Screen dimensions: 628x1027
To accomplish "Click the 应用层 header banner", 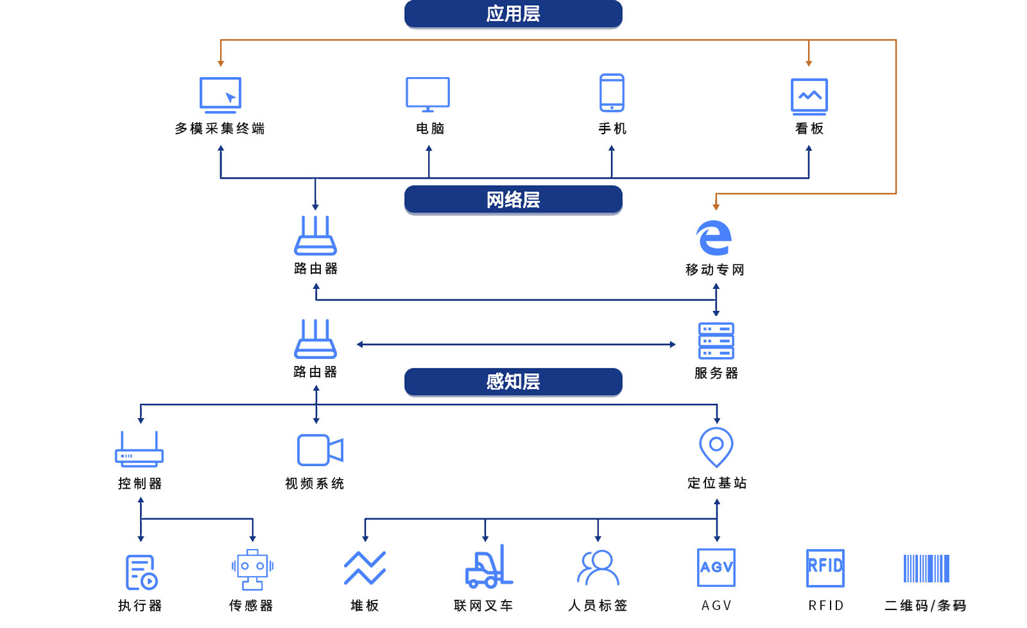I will click(513, 13).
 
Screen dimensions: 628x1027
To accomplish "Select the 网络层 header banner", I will click(513, 200).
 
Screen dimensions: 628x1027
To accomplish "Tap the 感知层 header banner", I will click(513, 381).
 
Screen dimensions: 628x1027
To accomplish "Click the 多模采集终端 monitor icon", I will click(220, 95).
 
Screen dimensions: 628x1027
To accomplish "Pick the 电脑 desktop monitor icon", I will click(427, 94).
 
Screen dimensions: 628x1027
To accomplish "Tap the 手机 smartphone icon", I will click(612, 93).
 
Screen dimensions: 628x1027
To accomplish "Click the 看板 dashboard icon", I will click(809, 96).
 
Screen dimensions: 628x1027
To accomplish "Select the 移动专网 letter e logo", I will click(714, 238).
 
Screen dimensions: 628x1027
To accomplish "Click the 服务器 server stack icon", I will click(716, 341).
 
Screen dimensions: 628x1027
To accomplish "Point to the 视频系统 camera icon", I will click(320, 449).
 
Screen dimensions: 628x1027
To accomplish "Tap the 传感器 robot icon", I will click(252, 570).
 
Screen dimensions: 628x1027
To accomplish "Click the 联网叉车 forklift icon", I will click(488, 567).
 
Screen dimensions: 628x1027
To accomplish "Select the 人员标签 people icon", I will click(598, 568).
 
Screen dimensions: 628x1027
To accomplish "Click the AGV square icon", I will click(716, 568).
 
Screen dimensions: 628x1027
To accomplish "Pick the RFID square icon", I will click(825, 568).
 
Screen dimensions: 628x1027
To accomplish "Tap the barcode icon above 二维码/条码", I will click(926, 568).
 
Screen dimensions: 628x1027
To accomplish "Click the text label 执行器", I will click(140, 606).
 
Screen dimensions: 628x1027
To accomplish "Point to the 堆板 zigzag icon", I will click(365, 568).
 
